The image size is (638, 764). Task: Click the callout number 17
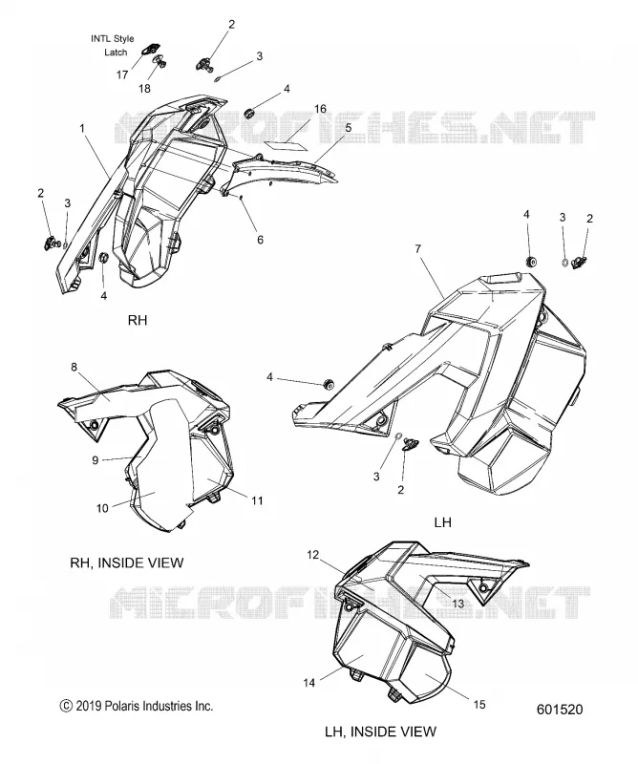122,74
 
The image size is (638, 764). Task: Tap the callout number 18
145,88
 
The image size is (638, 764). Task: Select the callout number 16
320,109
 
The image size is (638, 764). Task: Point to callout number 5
349,128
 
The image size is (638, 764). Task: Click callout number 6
261,240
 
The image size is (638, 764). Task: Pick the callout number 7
417,249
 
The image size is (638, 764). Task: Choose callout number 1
82,128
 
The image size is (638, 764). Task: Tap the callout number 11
257,499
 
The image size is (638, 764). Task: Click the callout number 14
309,683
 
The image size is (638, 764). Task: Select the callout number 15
479,704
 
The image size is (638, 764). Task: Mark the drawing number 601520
560,710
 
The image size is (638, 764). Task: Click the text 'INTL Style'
112,38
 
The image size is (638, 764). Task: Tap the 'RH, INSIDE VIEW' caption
127,562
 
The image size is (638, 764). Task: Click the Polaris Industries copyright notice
137,706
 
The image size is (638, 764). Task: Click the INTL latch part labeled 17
151,49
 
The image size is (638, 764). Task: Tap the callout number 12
312,555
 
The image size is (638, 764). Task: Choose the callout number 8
74,367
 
